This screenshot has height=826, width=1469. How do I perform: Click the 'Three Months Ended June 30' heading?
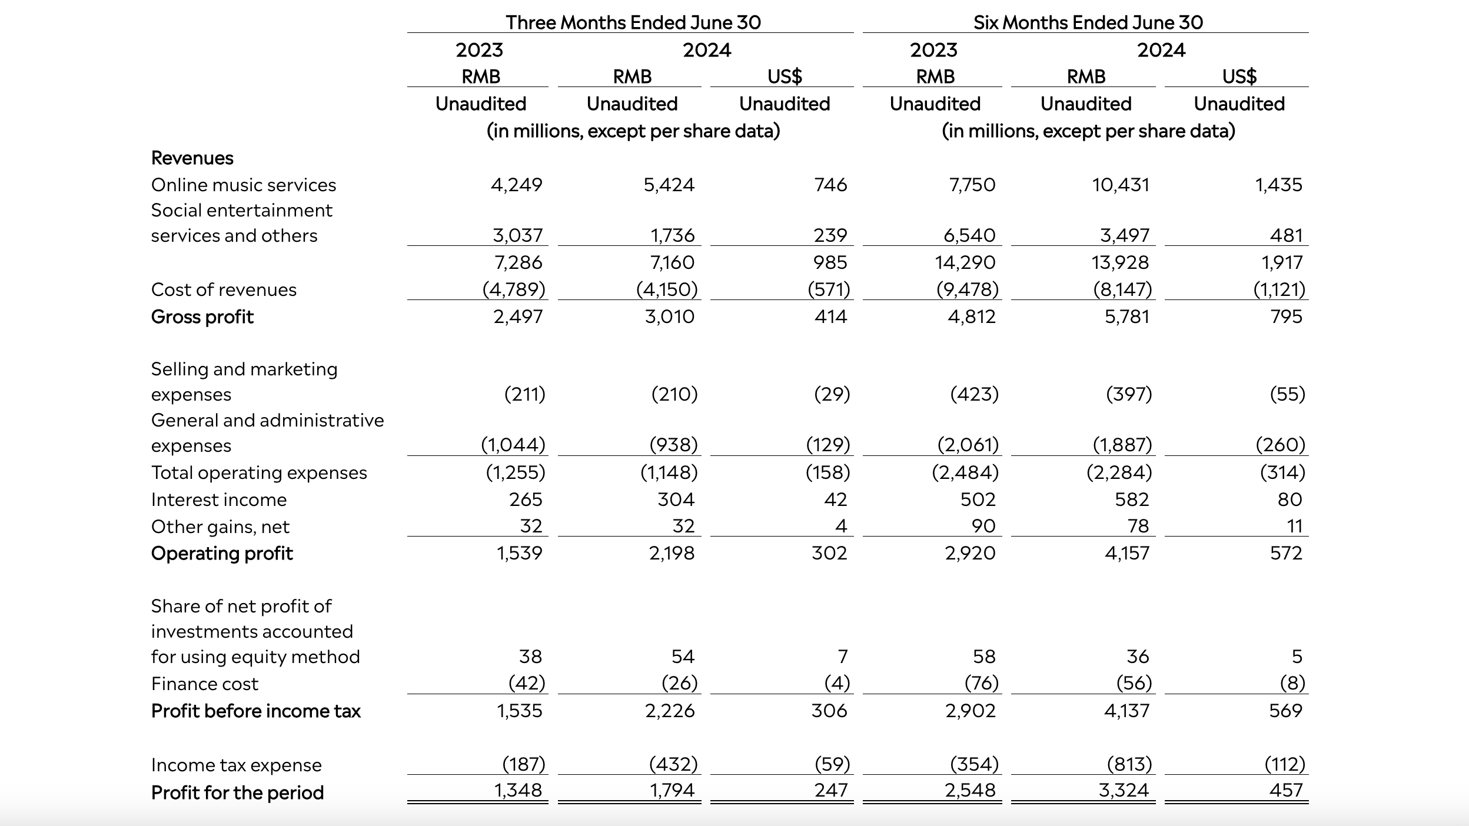(633, 22)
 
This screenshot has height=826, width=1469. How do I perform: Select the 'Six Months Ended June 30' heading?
(1088, 22)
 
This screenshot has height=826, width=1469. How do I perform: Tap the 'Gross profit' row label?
(202, 317)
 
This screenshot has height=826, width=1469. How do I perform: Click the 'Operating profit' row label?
(222, 554)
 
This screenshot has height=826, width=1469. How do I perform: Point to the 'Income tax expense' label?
(237, 765)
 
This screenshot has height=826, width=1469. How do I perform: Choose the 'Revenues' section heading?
(192, 158)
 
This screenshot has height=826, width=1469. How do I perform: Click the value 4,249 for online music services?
(517, 185)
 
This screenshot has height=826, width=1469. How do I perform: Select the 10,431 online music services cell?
(1121, 185)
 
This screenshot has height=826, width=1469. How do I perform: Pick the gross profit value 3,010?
(670, 317)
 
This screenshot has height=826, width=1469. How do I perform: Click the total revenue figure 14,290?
(965, 262)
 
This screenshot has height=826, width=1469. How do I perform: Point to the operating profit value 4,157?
(1127, 553)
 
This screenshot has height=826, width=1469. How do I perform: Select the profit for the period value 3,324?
(1124, 790)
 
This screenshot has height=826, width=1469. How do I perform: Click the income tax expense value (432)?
(673, 764)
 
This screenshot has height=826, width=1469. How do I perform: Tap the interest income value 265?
(526, 499)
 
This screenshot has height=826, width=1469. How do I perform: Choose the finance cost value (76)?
(982, 683)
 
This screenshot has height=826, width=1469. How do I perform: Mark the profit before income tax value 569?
(1286, 711)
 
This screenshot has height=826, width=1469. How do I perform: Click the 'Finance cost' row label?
(205, 684)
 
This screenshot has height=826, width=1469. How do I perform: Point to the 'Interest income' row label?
(219, 499)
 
